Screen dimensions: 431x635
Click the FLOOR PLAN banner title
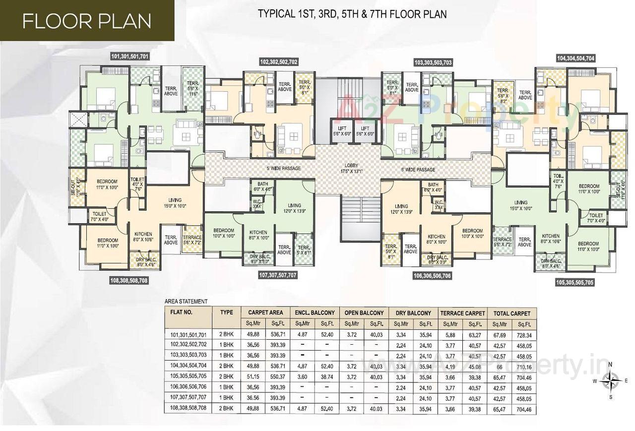pyautogui.click(x=87, y=21)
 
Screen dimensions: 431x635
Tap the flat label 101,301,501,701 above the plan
pyautogui.click(x=130, y=57)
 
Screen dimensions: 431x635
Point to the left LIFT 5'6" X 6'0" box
pyautogui.click(x=341, y=131)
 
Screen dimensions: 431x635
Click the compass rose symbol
pyautogui.click(x=610, y=381)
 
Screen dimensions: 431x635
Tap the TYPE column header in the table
pyautogui.click(x=226, y=313)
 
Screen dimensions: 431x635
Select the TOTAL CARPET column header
pyautogui.click(x=511, y=313)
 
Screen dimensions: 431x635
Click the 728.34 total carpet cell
pyautogui.click(x=524, y=335)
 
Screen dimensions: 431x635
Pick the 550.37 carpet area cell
pyautogui.click(x=277, y=377)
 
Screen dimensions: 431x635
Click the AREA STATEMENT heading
pyautogui.click(x=186, y=301)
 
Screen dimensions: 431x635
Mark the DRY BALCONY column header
pyautogui.click(x=413, y=313)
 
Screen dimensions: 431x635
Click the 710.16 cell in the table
pyautogui.click(x=524, y=367)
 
